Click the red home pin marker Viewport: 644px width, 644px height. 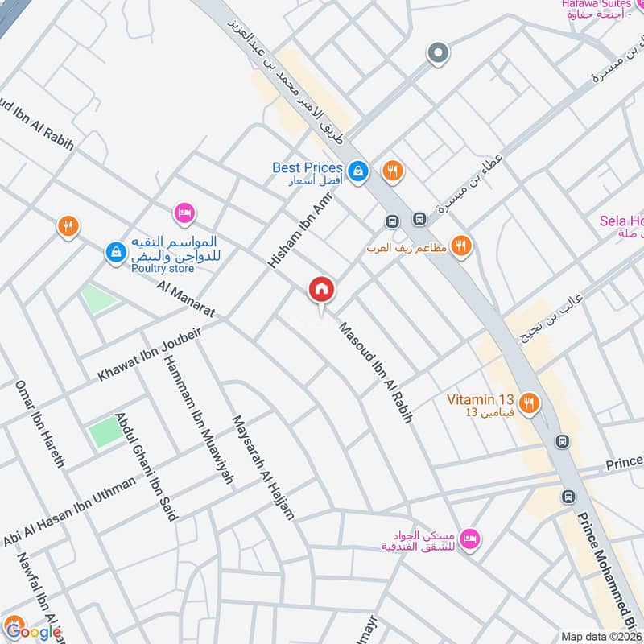(x=320, y=289)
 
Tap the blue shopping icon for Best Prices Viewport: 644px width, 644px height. (x=358, y=171)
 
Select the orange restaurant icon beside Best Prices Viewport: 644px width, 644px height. (x=393, y=171)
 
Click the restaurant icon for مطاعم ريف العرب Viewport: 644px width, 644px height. (x=461, y=246)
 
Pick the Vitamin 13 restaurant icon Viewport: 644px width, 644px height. (x=529, y=403)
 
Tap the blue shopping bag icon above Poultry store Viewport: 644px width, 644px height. (x=115, y=252)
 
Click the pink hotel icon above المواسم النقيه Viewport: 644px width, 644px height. (x=184, y=213)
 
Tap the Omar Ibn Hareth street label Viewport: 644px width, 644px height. (x=39, y=423)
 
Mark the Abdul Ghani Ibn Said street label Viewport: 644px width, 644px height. (x=146, y=467)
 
